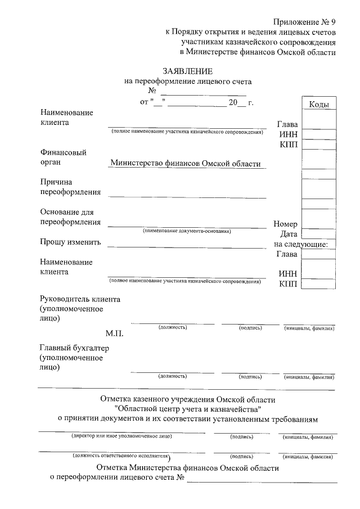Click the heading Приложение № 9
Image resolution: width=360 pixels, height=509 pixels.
[x=304, y=22]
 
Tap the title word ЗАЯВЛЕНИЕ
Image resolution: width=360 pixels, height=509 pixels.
[x=187, y=71]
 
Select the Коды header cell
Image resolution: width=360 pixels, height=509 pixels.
[x=319, y=105]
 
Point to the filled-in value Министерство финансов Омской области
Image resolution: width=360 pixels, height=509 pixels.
[x=186, y=163]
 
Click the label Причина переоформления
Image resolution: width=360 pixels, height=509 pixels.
[x=70, y=187]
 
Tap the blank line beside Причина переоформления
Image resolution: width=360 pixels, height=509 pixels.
[x=187, y=196]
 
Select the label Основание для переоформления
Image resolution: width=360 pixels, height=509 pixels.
[x=70, y=217]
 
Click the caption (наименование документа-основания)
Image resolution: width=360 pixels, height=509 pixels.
[x=187, y=231]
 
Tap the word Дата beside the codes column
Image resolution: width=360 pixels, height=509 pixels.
[x=289, y=233]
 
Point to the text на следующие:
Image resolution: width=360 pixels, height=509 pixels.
[x=304, y=244]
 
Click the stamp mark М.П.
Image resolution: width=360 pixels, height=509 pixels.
[x=114, y=333]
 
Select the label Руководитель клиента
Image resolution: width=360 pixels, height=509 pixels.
[x=80, y=299]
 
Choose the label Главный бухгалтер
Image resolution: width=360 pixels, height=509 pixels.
[x=74, y=348]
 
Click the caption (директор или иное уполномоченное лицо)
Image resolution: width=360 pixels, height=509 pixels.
[x=121, y=436]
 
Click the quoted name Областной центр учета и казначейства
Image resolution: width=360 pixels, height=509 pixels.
[x=187, y=409]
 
